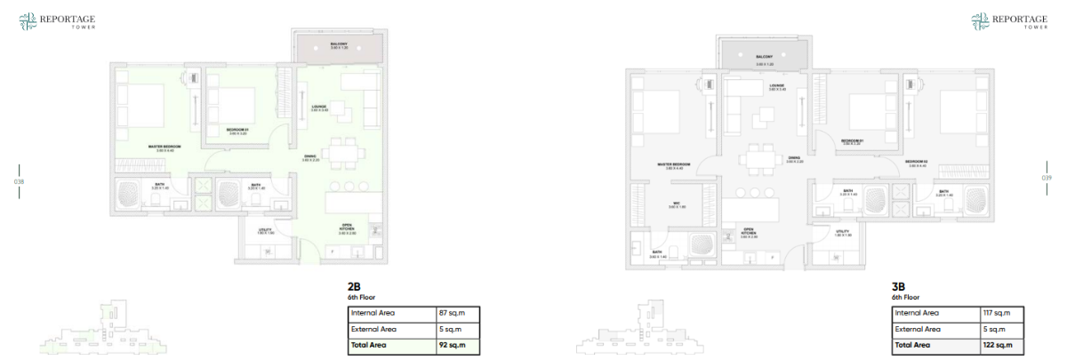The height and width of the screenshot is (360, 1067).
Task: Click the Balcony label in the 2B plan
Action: pyautogui.click(x=339, y=44)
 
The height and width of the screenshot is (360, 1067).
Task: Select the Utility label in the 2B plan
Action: pyautogui.click(x=265, y=231)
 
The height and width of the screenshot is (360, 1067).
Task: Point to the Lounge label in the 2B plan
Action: pyautogui.click(x=319, y=108)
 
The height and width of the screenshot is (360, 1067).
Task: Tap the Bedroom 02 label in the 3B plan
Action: pyautogui.click(x=917, y=163)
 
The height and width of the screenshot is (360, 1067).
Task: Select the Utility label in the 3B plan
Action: pyautogui.click(x=843, y=233)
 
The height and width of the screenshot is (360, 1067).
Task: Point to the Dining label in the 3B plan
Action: pyautogui.click(x=794, y=160)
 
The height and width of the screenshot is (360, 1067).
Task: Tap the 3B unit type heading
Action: pyautogui.click(x=898, y=287)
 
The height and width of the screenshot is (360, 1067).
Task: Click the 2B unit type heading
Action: pyautogui.click(x=354, y=287)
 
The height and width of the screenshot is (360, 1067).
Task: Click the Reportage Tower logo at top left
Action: pyautogui.click(x=57, y=21)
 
